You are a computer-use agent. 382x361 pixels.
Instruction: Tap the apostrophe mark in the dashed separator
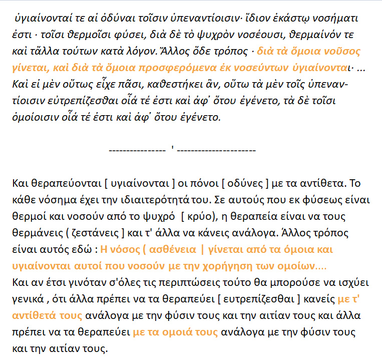coord(172,149)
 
